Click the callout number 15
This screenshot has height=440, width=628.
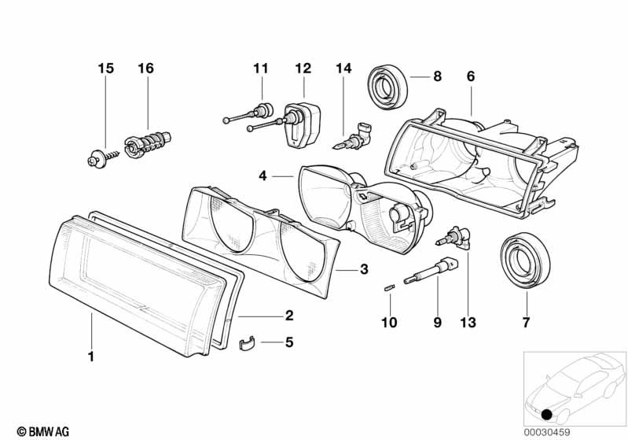(106, 68)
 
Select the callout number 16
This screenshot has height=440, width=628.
(145, 68)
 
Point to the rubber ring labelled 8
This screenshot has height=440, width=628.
(388, 88)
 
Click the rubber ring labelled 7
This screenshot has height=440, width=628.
(526, 261)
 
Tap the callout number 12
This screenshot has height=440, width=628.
(303, 68)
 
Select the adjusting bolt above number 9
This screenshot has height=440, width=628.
(430, 270)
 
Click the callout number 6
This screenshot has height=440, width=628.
(471, 76)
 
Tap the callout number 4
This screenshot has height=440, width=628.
(263, 176)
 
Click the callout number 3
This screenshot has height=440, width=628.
(364, 269)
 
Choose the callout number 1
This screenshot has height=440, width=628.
(91, 356)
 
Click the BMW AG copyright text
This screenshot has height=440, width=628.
(43, 431)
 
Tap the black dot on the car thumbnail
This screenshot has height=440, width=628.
(546, 415)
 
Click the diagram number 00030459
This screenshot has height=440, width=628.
(547, 432)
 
